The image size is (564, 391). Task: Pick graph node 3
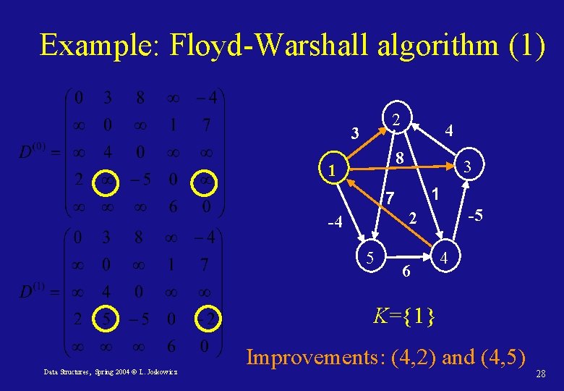click(x=468, y=166)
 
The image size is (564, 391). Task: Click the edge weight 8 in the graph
click(x=399, y=156)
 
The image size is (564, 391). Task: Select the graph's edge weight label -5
click(x=475, y=216)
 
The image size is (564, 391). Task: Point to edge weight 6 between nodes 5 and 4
click(x=407, y=271)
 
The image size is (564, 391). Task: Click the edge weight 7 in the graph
click(x=389, y=197)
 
